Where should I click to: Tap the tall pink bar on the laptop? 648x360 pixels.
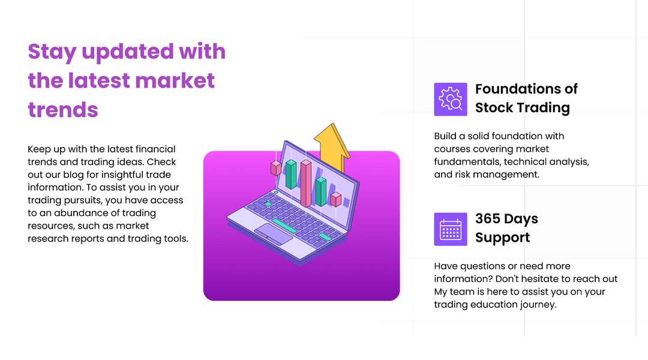point(306,183)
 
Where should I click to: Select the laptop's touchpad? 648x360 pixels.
point(273,233)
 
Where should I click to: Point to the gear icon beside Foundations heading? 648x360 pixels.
point(450,99)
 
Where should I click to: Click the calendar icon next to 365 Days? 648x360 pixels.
point(450,229)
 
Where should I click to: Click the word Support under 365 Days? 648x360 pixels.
point(502,238)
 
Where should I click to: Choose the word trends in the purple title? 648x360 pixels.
point(63,110)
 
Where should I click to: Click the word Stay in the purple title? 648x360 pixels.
point(52,52)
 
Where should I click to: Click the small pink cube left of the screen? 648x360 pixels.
point(276,168)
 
